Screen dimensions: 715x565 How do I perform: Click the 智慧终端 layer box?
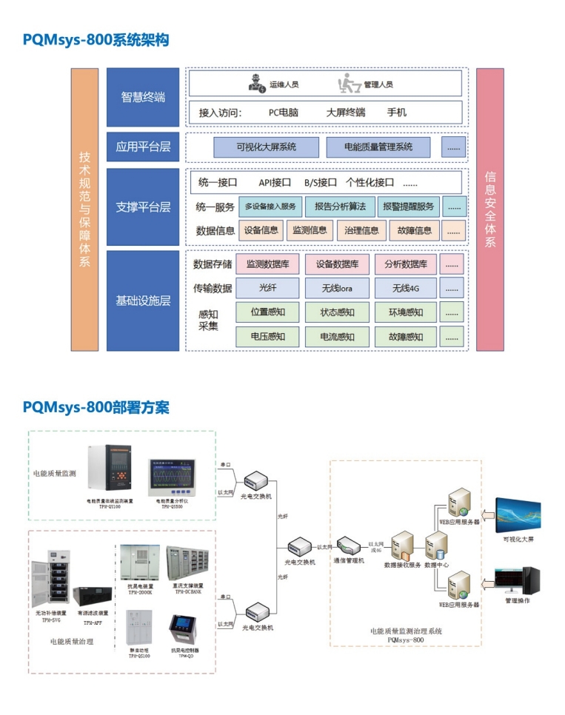[143, 97]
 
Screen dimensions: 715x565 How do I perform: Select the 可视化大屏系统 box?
[266, 147]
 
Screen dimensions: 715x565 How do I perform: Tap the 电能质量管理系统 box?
[378, 147]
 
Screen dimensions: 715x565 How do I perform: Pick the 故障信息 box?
[414, 230]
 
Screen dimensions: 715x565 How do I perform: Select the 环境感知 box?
[406, 312]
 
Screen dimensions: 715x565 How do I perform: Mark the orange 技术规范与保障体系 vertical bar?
[85, 209]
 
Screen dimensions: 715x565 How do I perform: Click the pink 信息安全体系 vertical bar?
[489, 209]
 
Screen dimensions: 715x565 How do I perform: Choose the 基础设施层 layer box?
[143, 301]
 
